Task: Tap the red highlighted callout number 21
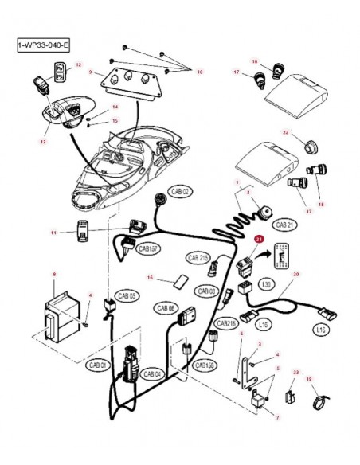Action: [x=257, y=237]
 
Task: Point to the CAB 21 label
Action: [x=286, y=225]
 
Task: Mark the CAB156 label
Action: [x=205, y=365]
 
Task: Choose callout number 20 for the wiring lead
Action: [x=296, y=274]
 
